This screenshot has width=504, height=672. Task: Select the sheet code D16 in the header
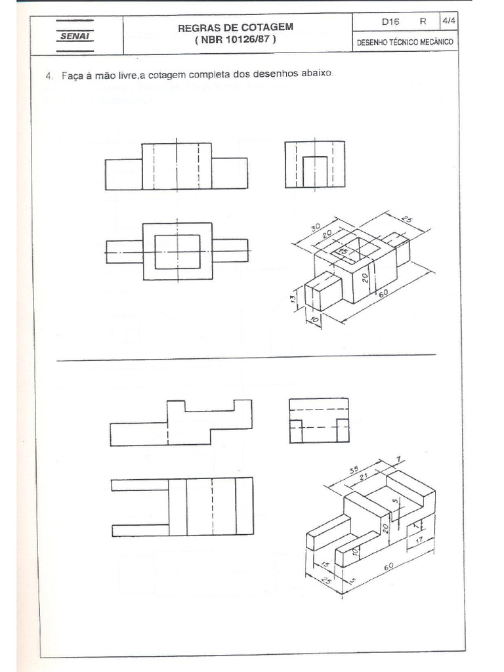click(x=390, y=21)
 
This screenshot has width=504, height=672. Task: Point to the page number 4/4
click(x=449, y=21)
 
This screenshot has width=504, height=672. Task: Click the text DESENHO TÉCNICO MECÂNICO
click(x=405, y=43)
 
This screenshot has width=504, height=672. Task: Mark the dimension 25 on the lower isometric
click(x=325, y=581)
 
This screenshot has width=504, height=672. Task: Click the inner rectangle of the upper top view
click(x=177, y=251)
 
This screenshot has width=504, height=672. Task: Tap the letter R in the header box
click(x=423, y=21)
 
